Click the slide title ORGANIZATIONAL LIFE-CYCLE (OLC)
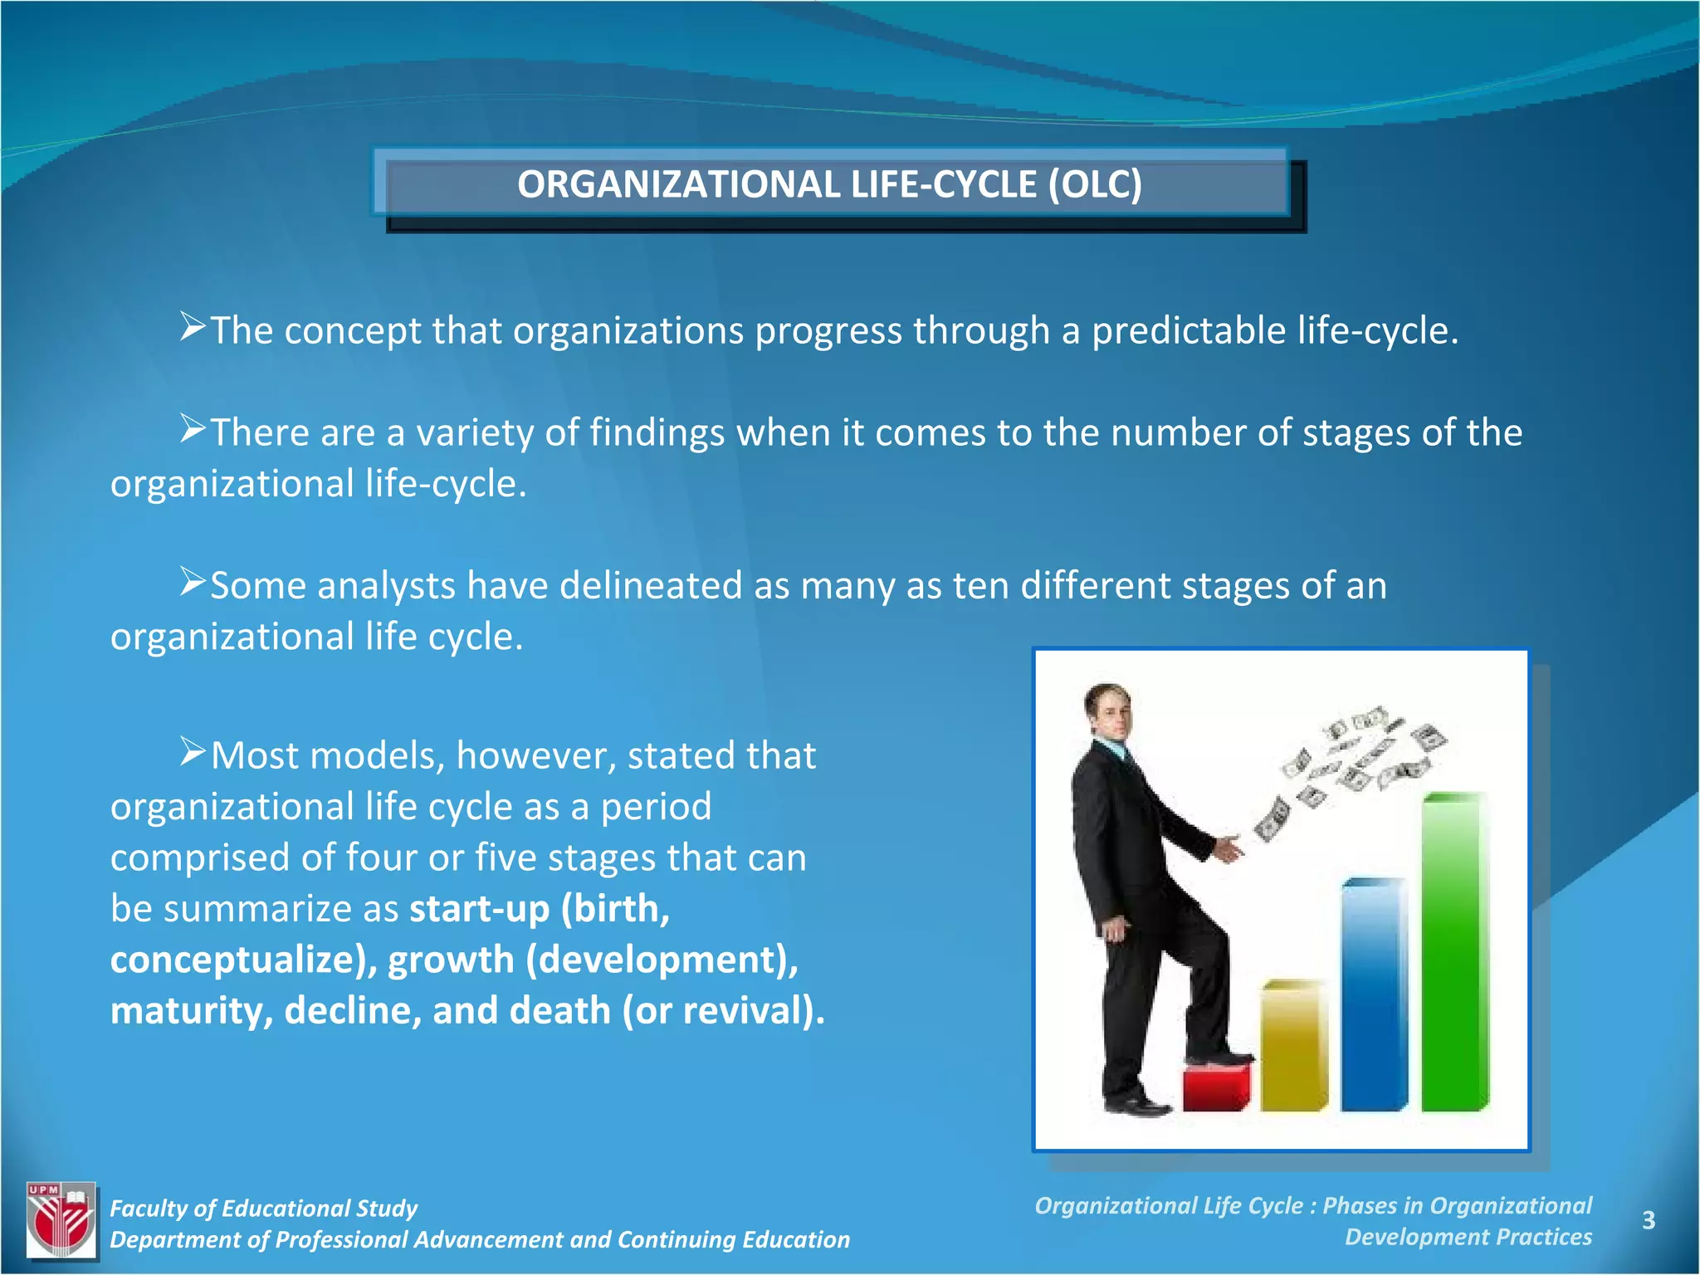pyautogui.click(x=829, y=184)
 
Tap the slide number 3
pyautogui.click(x=1649, y=1220)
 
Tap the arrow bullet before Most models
pyautogui.click(x=193, y=752)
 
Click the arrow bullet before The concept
pyautogui.click(x=193, y=327)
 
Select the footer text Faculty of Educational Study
pyautogui.click(x=264, y=1208)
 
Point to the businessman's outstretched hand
pyautogui.click(x=1227, y=848)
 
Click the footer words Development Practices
pyautogui.click(x=1468, y=1237)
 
